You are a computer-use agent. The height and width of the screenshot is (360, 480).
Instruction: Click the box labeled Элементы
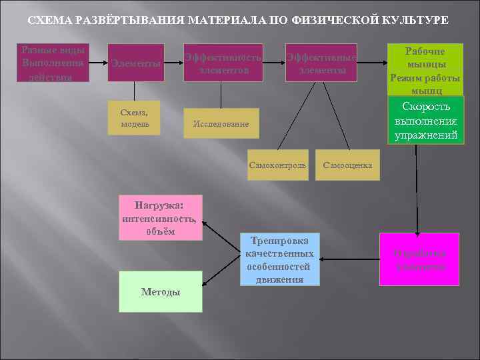tap(136, 63)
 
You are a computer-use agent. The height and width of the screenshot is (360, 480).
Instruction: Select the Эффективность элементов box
tap(223, 63)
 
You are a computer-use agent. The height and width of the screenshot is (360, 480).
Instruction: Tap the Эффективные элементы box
tap(321, 63)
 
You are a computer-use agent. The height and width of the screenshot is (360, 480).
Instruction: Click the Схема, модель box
tap(136, 119)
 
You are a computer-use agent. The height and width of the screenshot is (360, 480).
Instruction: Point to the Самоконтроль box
tap(278, 164)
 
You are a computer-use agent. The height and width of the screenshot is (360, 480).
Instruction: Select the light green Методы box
tap(160, 291)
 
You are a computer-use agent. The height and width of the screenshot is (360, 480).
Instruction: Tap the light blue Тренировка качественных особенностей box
tap(279, 259)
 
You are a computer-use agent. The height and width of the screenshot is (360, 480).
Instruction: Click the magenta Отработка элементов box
tap(419, 259)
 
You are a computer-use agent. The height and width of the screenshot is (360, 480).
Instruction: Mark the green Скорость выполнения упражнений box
tap(426, 121)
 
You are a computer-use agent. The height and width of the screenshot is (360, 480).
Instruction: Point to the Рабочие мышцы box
tap(426, 69)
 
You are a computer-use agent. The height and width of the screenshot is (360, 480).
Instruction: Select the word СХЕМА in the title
tap(51, 21)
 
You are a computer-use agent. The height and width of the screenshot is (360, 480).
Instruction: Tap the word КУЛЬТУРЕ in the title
tap(416, 21)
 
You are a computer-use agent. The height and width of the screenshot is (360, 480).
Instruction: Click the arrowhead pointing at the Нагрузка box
tap(205, 225)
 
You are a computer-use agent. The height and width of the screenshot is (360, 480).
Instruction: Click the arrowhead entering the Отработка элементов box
tap(418, 230)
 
